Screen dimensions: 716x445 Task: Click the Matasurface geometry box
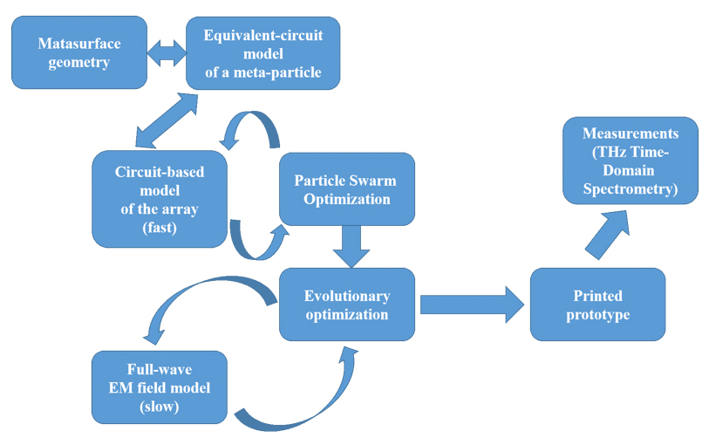(x=79, y=52)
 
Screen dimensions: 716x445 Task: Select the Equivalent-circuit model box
(x=263, y=53)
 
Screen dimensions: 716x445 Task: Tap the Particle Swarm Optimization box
(x=347, y=189)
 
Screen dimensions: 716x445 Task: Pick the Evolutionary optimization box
(x=347, y=305)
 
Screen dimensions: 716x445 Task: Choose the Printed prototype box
(x=597, y=305)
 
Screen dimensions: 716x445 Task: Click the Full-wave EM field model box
(x=160, y=387)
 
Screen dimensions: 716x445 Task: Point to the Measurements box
(x=631, y=161)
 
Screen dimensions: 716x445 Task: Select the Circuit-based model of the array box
(x=160, y=199)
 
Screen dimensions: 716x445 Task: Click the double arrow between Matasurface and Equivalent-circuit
(x=167, y=53)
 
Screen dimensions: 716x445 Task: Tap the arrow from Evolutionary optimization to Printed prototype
(x=472, y=305)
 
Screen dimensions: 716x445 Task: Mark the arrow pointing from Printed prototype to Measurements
(x=608, y=235)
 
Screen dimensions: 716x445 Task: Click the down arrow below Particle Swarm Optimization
(x=351, y=247)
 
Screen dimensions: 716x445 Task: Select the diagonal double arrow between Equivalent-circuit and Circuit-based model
(x=167, y=120)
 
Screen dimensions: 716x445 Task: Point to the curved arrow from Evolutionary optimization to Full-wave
(x=196, y=285)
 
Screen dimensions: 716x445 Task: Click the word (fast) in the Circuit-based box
(x=160, y=228)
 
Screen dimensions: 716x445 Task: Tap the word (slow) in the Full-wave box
(x=160, y=407)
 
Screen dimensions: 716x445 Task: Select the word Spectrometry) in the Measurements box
(x=631, y=188)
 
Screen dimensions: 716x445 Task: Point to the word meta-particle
(x=277, y=72)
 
